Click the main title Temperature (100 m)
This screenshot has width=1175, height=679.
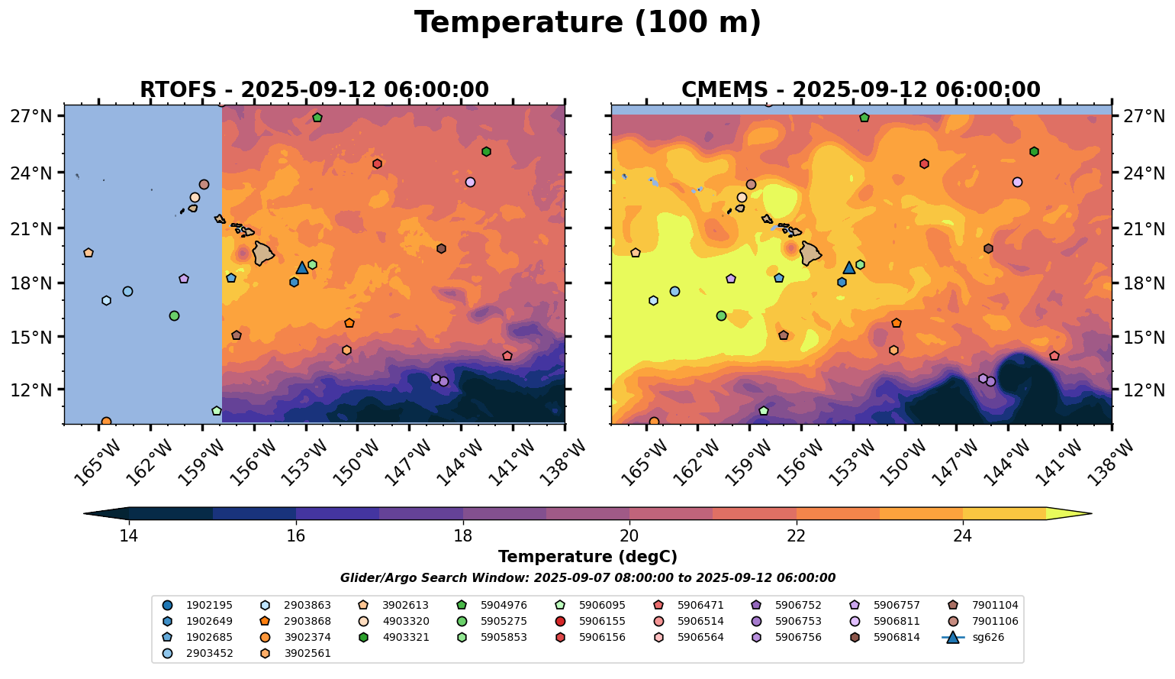[x=587, y=23]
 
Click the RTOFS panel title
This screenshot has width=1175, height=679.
[x=314, y=90]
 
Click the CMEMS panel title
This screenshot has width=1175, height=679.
[x=861, y=90]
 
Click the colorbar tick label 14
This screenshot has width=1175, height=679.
[x=129, y=536]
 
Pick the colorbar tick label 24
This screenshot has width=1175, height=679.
[x=962, y=536]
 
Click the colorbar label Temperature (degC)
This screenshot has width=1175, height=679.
[x=587, y=557]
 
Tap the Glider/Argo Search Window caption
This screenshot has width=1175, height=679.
[x=587, y=578]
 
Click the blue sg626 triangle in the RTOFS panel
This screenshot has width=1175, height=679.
[x=302, y=268]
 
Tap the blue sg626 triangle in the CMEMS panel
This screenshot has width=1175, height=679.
[x=849, y=268]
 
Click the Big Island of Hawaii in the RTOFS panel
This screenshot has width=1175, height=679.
[x=263, y=253]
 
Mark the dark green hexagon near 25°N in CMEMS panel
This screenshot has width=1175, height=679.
[x=1034, y=152]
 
